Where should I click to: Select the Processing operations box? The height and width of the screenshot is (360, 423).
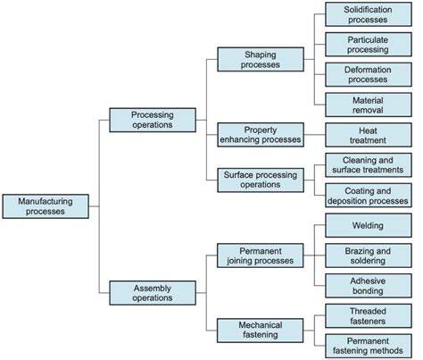point(152,120)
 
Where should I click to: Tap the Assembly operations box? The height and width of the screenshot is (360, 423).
point(152,293)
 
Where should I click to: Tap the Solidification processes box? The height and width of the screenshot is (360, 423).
point(368,14)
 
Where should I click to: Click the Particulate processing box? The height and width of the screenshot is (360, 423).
point(368,44)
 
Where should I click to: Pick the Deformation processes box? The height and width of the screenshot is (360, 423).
point(368,74)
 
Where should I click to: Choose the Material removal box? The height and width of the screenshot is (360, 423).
point(368,105)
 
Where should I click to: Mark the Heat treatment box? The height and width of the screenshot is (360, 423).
point(368,135)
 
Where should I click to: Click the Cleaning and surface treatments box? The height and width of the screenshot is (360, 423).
point(368,164)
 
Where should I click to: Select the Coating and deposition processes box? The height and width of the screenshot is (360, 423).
point(368,195)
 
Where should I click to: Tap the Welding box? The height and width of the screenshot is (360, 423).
point(368,226)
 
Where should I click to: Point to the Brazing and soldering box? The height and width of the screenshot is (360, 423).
point(368,255)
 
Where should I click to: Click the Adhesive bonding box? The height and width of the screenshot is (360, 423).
point(368,285)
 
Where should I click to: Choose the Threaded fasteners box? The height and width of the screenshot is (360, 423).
point(368,315)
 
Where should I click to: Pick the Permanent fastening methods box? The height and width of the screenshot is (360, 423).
point(368,345)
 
